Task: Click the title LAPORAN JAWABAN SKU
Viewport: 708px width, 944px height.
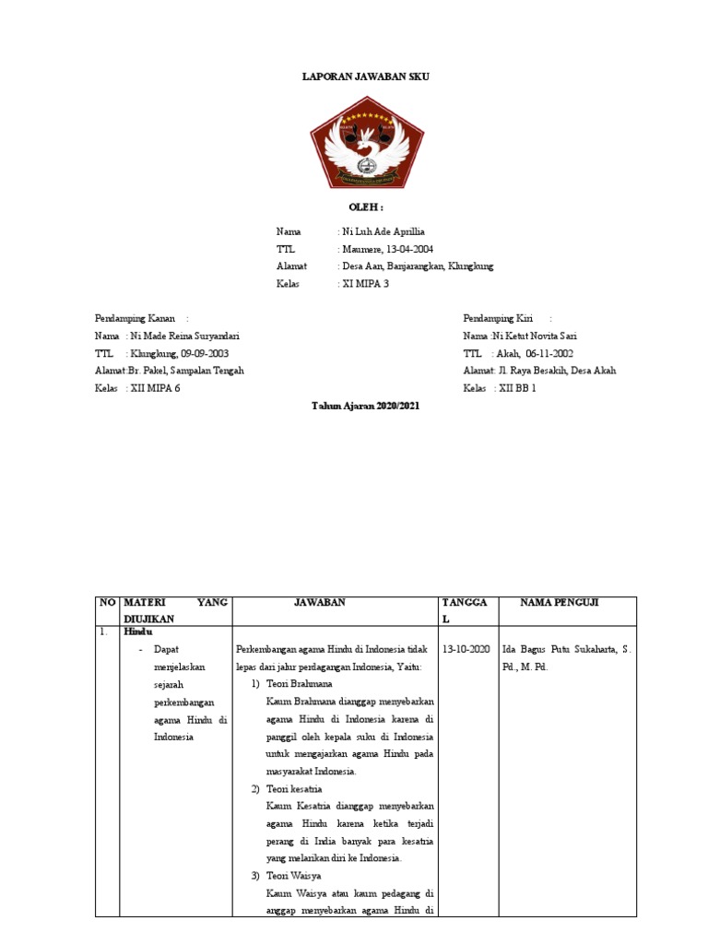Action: coord(366,77)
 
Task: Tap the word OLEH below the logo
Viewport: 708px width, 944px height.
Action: coord(366,208)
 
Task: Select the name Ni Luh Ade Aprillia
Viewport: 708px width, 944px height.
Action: coord(383,231)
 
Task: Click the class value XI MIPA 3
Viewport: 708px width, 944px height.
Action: coord(366,284)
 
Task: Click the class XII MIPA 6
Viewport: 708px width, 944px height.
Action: coord(156,388)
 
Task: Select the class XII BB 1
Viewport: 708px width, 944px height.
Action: coord(517,388)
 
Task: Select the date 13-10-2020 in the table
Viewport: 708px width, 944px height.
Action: coord(466,649)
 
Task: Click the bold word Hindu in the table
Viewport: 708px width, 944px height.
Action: coord(136,634)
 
